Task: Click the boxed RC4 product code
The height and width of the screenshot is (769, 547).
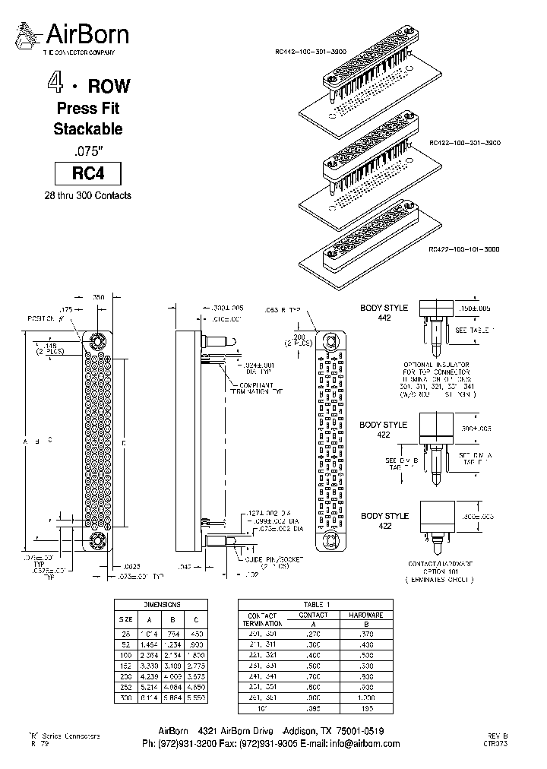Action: [x=87, y=174]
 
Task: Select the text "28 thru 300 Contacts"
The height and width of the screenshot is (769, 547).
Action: [x=87, y=196]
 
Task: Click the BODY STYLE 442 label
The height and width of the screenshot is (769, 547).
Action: [x=384, y=312]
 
